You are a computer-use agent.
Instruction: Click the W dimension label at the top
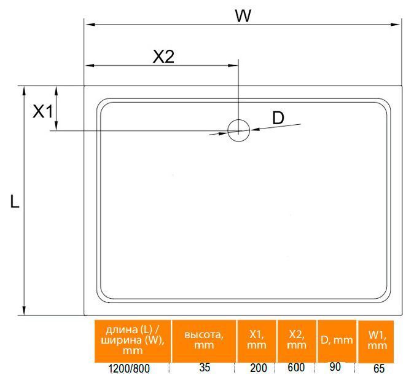(x=243, y=16)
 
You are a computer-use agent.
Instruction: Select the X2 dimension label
(x=164, y=57)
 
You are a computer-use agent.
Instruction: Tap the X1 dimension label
(x=43, y=111)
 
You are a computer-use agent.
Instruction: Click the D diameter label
(x=278, y=118)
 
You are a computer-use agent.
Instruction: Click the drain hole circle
(x=239, y=130)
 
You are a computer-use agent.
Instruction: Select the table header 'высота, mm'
(x=204, y=340)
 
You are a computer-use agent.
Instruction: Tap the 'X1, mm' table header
(x=257, y=340)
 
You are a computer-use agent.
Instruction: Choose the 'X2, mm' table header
(x=297, y=340)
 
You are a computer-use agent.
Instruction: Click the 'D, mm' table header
(x=337, y=340)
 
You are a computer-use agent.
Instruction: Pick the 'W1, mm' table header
(x=377, y=340)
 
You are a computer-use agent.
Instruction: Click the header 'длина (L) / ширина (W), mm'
(x=133, y=340)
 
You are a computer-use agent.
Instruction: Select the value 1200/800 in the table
(x=129, y=369)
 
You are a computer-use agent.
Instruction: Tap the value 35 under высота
(x=205, y=368)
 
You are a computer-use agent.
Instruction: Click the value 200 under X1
(x=259, y=368)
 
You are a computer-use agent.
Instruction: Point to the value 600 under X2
(x=296, y=367)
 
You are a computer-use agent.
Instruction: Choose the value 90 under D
(x=335, y=366)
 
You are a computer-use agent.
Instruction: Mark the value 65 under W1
(x=379, y=369)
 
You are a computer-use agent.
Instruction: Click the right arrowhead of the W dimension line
(x=395, y=25)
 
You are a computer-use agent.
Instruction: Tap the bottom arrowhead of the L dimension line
(x=24, y=310)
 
